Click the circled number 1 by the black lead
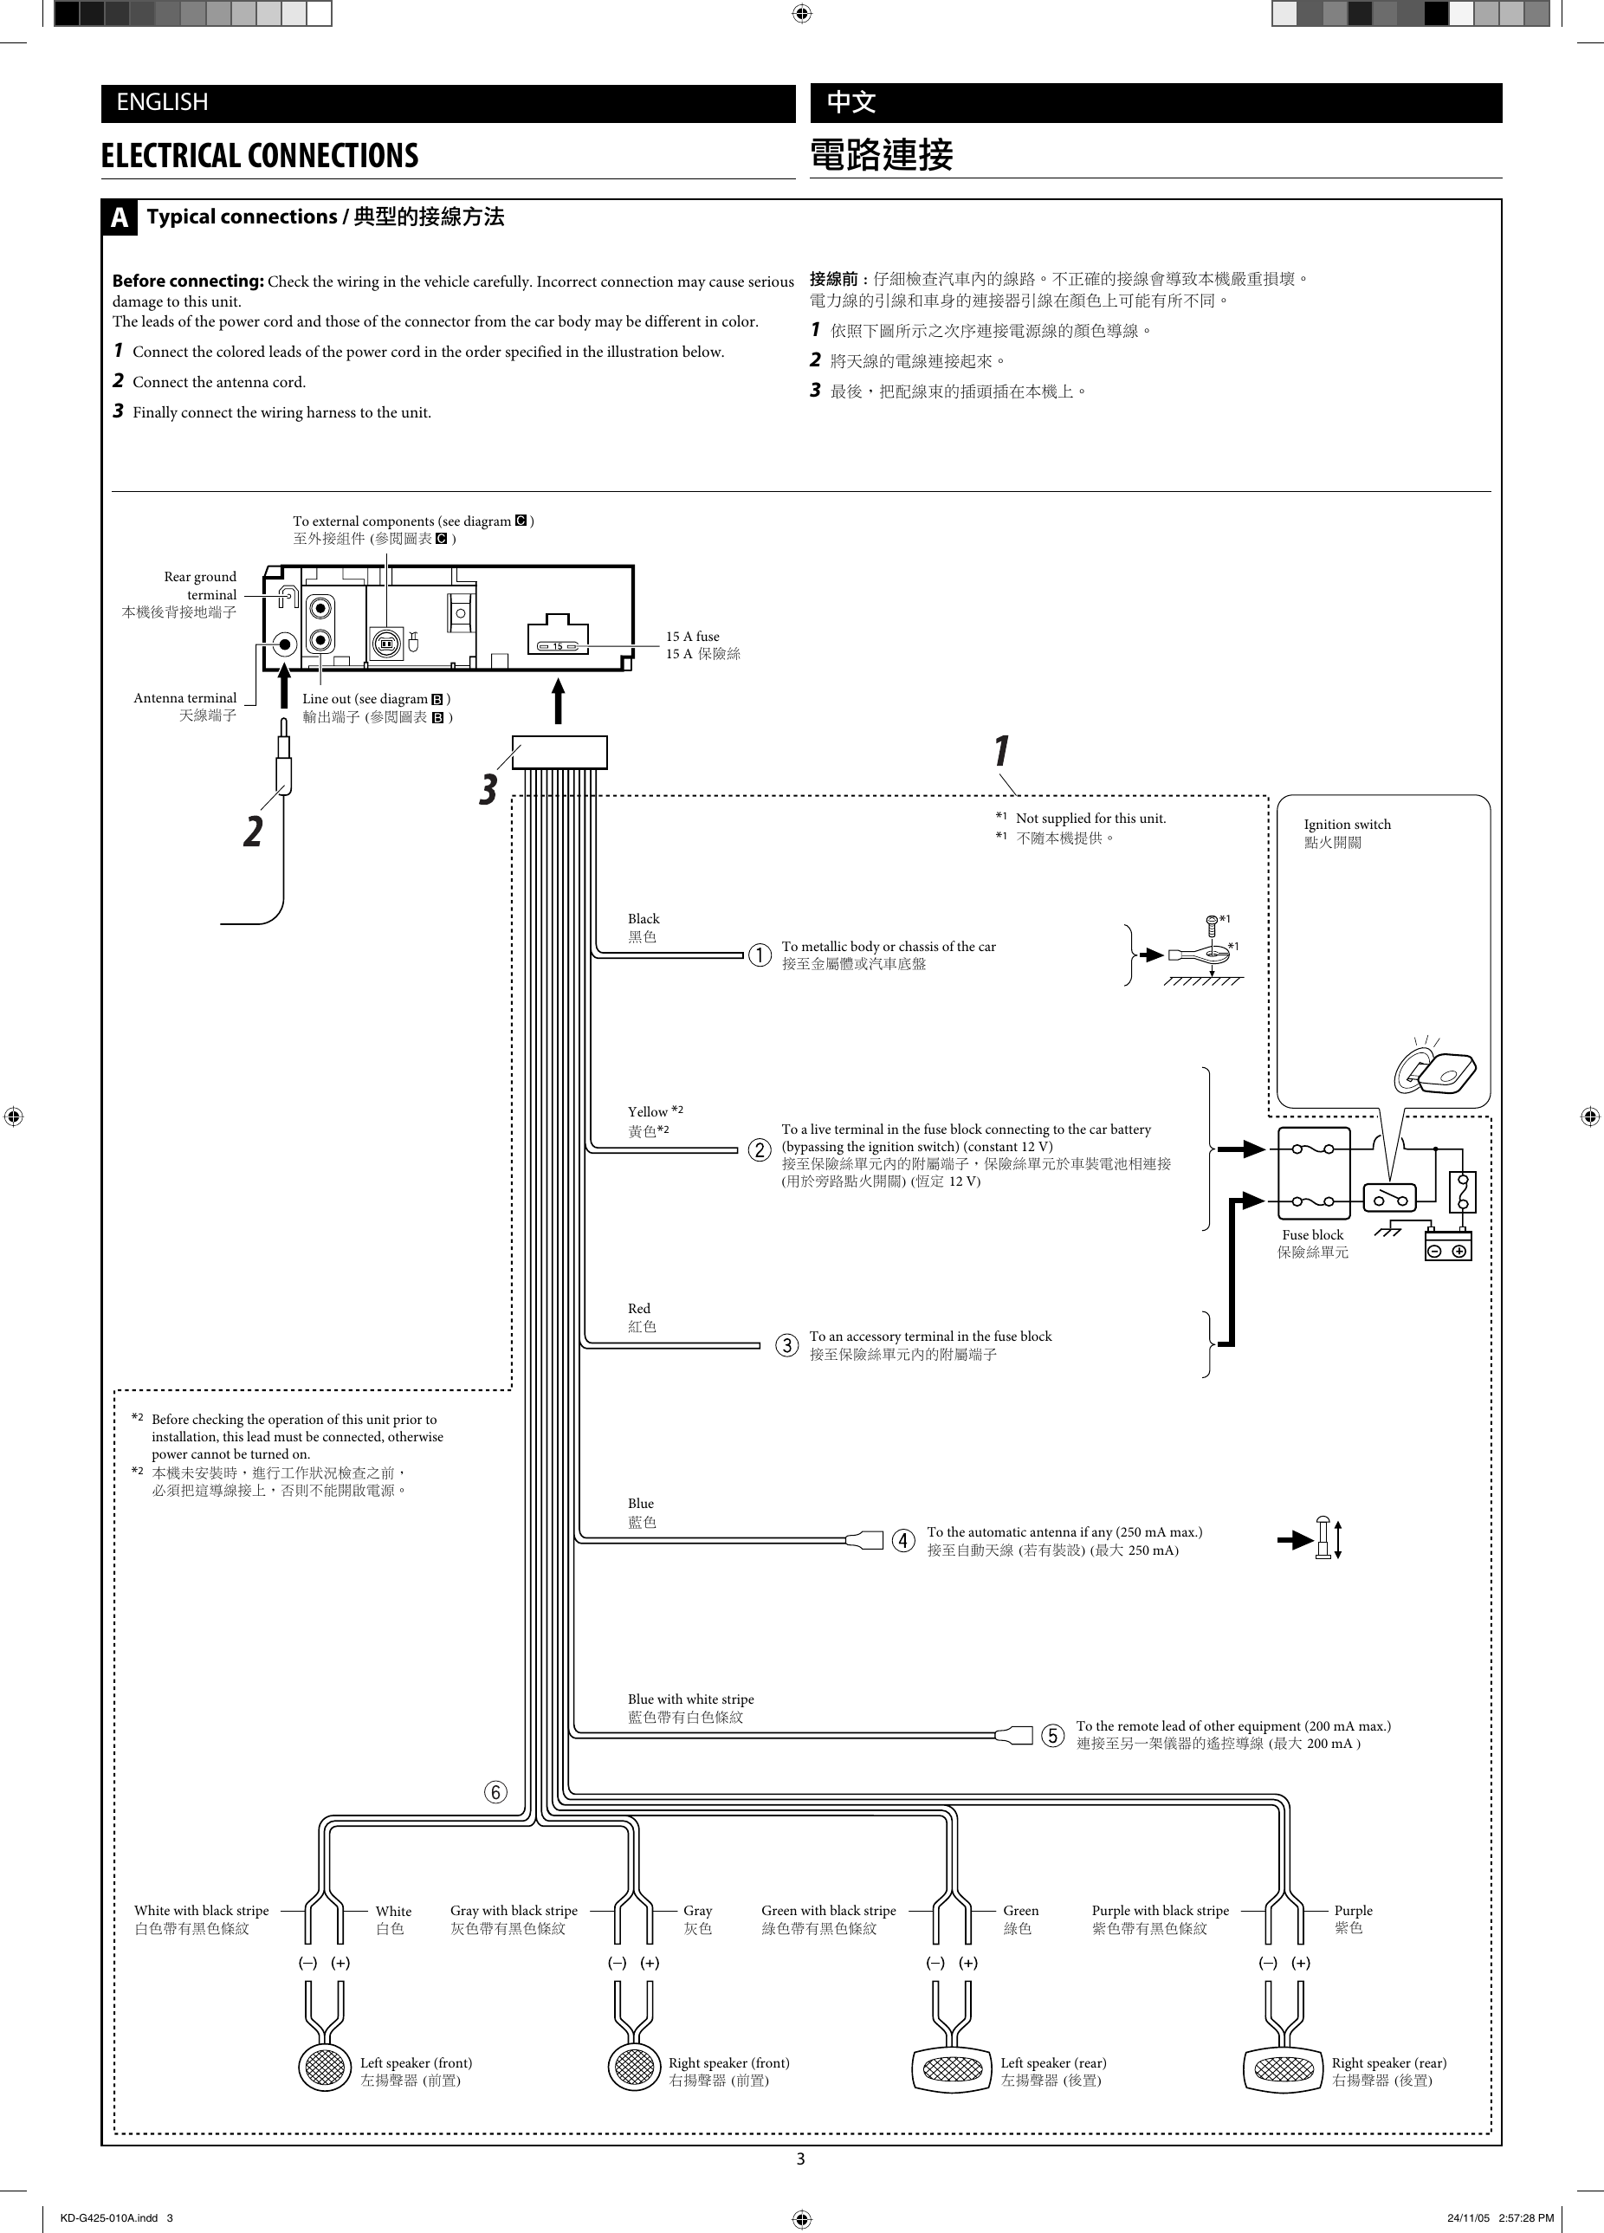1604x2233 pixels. (760, 955)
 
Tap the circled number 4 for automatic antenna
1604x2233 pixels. (903, 1541)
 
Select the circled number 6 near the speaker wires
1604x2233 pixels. (496, 1792)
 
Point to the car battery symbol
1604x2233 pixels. (1448, 1247)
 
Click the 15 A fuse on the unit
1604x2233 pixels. (557, 646)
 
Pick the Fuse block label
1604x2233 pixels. (1311, 1234)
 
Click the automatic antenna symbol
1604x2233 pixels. (1324, 1539)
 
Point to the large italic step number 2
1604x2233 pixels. (253, 831)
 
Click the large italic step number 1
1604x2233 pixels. (1000, 751)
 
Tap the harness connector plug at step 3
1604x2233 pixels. (559, 752)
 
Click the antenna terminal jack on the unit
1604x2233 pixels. (285, 645)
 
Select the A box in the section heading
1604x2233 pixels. (120, 217)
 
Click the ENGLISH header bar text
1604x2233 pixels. (163, 102)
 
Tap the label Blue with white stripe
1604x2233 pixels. (690, 1699)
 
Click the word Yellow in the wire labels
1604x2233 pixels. (648, 1111)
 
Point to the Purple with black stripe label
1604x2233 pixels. (1160, 1910)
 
